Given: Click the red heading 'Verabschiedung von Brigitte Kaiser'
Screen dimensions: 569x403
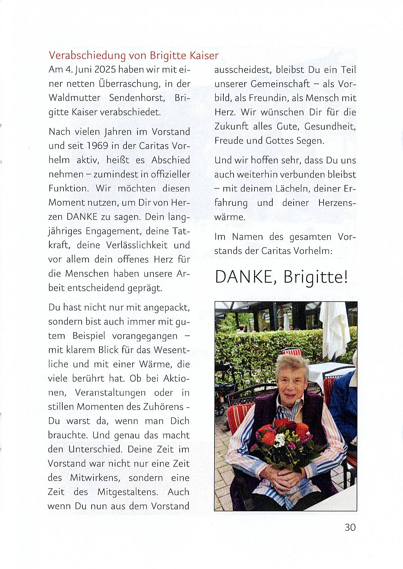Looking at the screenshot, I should coord(133,55).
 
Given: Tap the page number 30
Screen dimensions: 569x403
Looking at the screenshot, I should coord(350,527).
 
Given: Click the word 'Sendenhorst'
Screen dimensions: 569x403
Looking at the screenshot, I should coord(137,98).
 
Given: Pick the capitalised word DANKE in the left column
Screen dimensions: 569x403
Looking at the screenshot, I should coord(82,217).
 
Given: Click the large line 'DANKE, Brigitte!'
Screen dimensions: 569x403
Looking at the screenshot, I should coord(281,277).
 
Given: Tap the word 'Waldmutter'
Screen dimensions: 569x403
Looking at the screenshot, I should coord(74,98).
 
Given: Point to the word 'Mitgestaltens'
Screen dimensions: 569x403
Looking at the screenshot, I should coord(127,492).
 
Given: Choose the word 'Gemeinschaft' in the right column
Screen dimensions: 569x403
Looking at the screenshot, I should coord(280,84).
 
